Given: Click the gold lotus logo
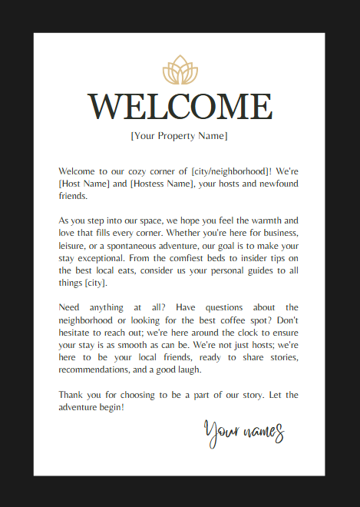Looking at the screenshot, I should (180, 71).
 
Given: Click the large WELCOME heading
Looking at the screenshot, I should (180, 106).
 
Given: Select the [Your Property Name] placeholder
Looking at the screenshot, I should (180, 136).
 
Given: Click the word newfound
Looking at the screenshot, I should (274, 184).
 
